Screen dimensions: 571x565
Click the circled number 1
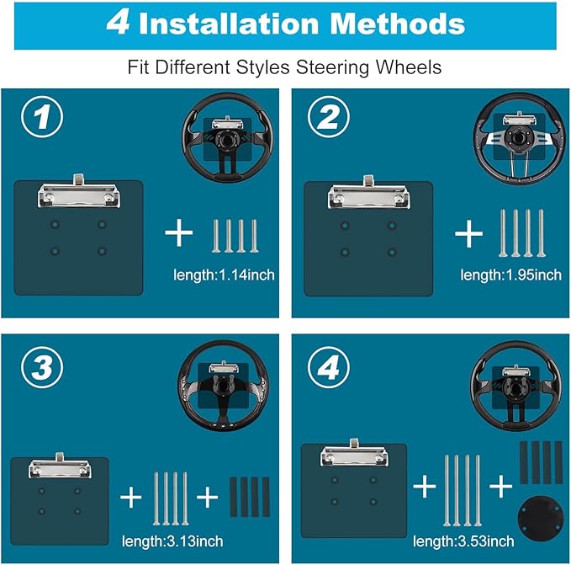coord(42,117)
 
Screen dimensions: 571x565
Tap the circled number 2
coord(329,117)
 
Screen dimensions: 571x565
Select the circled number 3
coord(42,367)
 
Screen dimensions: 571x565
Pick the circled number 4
coord(329,367)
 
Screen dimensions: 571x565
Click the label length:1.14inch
coord(224,275)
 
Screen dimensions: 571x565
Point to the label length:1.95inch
coord(511,275)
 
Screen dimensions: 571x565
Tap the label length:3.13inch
coord(172,541)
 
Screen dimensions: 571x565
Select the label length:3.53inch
coord(463,541)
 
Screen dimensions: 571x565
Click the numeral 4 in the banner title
coord(118,23)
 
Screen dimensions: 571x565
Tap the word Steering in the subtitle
coord(333,67)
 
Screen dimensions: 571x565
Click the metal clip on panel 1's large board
coord(79,192)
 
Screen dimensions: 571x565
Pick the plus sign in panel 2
coord(468,233)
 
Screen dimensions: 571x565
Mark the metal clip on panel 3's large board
coord(60,466)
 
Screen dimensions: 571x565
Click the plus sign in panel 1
coord(178,232)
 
